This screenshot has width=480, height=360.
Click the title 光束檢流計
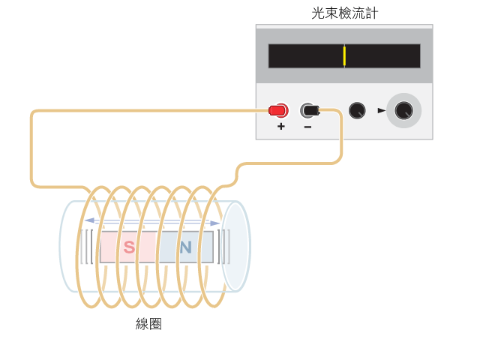(x=345, y=13)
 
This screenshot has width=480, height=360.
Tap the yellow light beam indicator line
(x=344, y=56)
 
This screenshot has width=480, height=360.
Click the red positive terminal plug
(x=278, y=110)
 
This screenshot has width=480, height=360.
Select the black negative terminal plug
(x=310, y=110)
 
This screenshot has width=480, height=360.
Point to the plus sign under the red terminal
(x=281, y=126)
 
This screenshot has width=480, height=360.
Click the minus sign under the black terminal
(x=308, y=127)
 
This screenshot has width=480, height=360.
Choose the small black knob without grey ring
(x=357, y=110)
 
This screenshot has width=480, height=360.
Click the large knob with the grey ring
(x=403, y=110)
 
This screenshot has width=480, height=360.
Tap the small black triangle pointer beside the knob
(x=382, y=110)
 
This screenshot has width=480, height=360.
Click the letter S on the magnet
(x=129, y=247)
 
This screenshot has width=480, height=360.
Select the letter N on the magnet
(x=185, y=247)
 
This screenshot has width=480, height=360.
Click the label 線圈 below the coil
(x=148, y=324)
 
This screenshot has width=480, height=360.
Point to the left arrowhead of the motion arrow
(x=89, y=220)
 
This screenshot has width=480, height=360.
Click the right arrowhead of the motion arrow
(x=215, y=223)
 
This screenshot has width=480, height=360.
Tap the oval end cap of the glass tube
(x=235, y=247)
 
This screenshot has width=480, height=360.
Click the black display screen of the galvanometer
(x=344, y=56)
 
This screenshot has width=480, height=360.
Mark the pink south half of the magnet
(x=130, y=247)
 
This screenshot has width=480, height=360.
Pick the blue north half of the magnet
(x=187, y=247)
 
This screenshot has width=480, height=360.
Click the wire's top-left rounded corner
(x=34, y=113)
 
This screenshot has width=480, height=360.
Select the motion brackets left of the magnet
(x=87, y=247)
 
